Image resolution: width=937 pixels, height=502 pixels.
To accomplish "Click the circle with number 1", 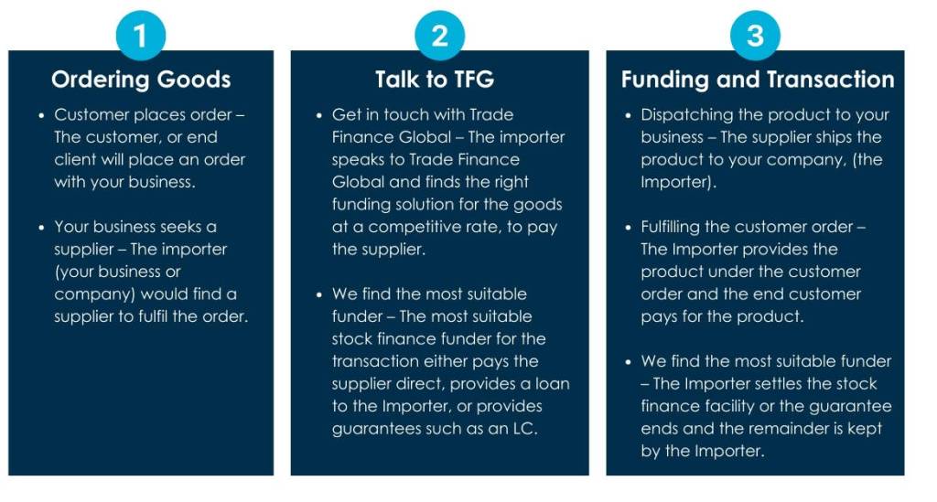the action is (140, 36).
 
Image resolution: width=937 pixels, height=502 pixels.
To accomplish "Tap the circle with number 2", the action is (439, 36).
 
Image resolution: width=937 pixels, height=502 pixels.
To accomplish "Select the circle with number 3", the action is (755, 36).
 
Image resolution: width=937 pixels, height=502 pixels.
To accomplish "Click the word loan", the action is (552, 384).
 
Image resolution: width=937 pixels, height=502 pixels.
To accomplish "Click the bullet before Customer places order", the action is (41, 115).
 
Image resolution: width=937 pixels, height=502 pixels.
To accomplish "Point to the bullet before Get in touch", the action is (319, 115).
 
